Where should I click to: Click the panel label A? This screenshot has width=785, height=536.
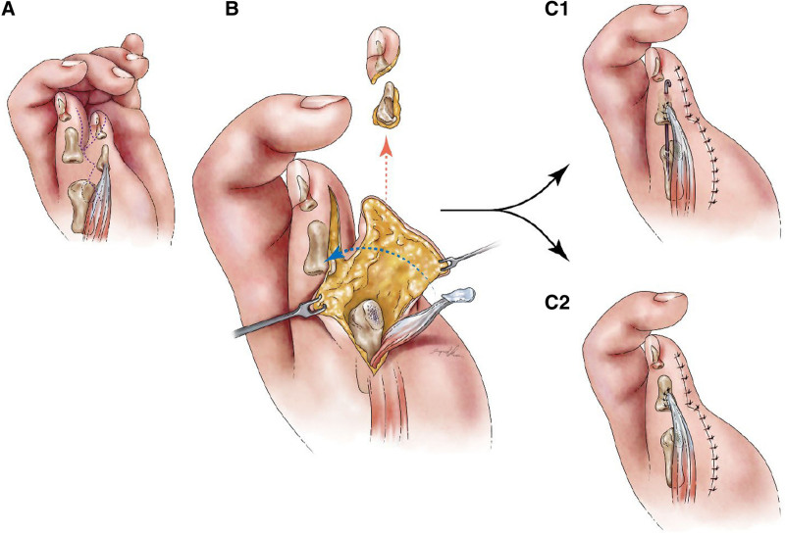pyautogui.click(x=9, y=9)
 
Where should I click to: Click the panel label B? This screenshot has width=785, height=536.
pyautogui.click(x=232, y=9)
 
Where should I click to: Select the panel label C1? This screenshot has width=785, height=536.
pyautogui.click(x=556, y=9)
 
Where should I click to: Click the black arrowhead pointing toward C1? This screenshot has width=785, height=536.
pyautogui.click(x=563, y=170)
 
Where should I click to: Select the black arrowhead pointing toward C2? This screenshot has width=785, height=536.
pyautogui.click(x=562, y=253)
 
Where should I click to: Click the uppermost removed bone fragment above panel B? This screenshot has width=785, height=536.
pyautogui.click(x=383, y=52)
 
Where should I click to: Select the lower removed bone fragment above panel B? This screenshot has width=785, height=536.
pyautogui.click(x=388, y=104)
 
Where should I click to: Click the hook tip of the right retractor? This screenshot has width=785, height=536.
pyautogui.click(x=445, y=264)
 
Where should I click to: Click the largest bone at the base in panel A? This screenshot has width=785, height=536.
pyautogui.click(x=79, y=206)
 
